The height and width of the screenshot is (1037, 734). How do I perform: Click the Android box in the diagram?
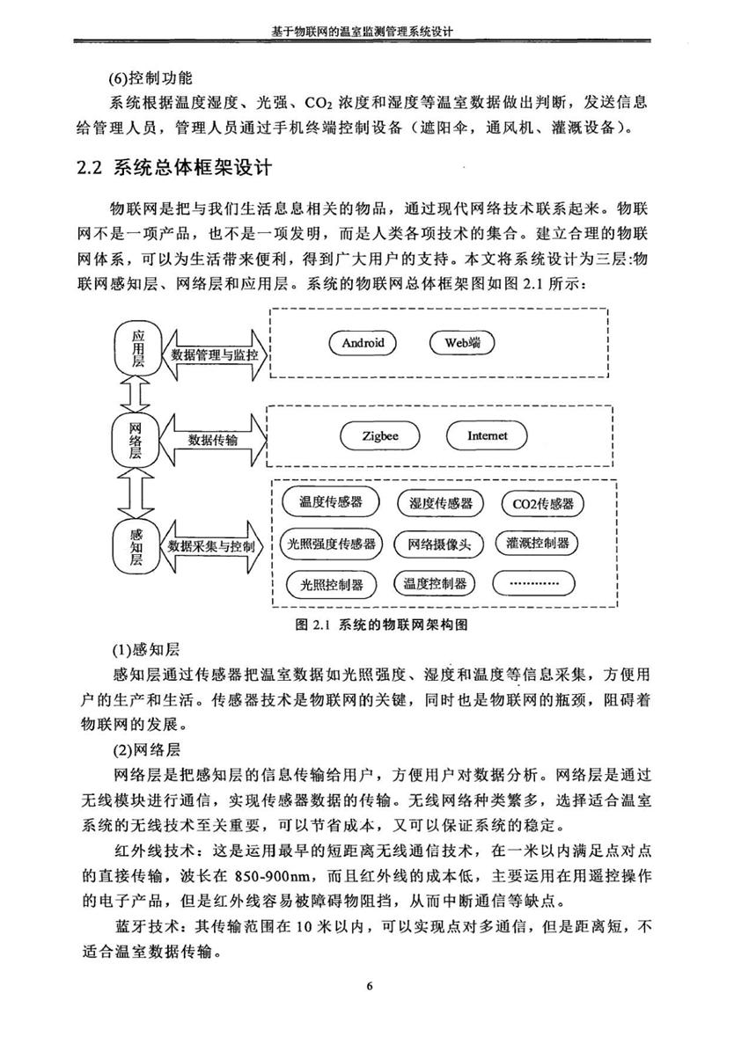pyautogui.click(x=363, y=342)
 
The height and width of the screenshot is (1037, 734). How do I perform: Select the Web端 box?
pyautogui.click(x=462, y=342)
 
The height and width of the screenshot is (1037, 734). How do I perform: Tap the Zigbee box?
pyautogui.click(x=380, y=436)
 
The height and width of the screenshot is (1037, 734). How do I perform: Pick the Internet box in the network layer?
pyautogui.click(x=487, y=436)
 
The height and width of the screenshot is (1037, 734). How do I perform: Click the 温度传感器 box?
pyautogui.click(x=331, y=502)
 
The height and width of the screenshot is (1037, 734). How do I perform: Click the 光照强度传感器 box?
pyautogui.click(x=331, y=544)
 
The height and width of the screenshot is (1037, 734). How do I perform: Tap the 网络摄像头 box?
pyautogui.click(x=439, y=545)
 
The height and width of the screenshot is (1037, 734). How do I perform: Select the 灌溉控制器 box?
pyautogui.click(x=537, y=544)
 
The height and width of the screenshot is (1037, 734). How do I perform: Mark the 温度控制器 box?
pyautogui.click(x=435, y=583)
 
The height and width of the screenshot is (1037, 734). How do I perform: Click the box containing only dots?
pyautogui.click(x=533, y=583)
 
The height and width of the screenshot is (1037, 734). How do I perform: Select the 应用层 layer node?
pyautogui.click(x=137, y=348)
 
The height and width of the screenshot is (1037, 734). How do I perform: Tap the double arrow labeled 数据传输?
pyautogui.click(x=212, y=440)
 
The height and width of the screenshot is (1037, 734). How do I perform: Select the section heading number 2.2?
pyautogui.click(x=88, y=167)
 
